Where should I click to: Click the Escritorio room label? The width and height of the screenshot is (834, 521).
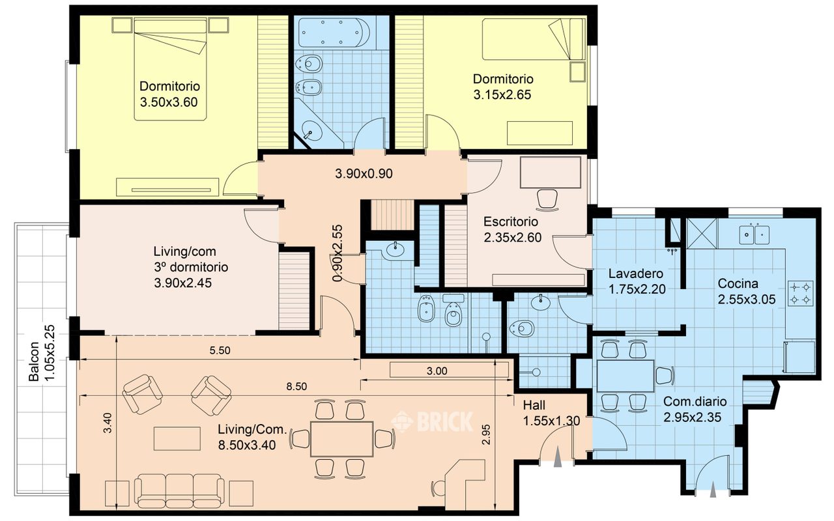pos(511,222)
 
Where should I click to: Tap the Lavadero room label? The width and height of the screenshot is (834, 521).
pos(636,274)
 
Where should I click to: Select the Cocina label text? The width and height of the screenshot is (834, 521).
pos(738,283)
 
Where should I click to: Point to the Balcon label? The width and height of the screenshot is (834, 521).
pos(34,361)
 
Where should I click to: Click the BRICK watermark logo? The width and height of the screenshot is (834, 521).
pos(432,421)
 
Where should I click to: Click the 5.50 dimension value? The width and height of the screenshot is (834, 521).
pos(220,350)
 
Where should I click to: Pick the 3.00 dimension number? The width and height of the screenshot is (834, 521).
pos(437,371)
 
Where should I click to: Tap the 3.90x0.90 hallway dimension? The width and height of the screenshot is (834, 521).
pos(364,174)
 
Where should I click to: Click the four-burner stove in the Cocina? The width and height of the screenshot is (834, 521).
pos(800,294)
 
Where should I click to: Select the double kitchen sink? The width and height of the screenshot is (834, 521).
pos(755,234)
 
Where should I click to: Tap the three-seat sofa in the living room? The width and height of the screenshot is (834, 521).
pos(179,491)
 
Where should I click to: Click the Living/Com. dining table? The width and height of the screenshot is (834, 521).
pos(342,439)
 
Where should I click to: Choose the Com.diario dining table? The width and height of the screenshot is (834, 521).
pos(625,376)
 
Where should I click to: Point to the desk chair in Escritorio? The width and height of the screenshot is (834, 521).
pos(547,200)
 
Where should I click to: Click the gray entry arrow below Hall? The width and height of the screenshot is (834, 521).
pos(557,457)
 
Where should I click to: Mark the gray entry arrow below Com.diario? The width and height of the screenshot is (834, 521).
pos(713,490)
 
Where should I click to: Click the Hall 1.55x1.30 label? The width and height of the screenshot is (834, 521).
pos(551,413)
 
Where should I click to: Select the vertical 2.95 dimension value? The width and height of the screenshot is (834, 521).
pos(485,434)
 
